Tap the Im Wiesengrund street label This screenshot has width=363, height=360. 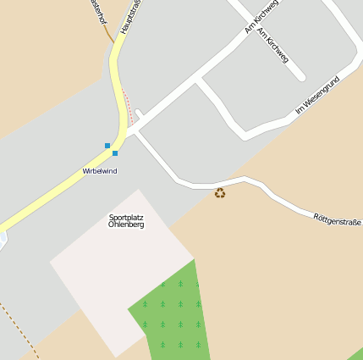[317, 95]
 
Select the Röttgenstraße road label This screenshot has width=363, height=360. [337, 218]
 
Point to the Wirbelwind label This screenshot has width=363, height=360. [100, 171]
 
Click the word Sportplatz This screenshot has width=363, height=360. [126, 217]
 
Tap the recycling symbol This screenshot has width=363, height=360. [220, 193]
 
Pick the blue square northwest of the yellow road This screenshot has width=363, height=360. [107, 146]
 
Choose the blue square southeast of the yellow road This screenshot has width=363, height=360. [115, 153]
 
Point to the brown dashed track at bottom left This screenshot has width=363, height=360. [21, 330]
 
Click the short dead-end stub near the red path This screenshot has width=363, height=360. [140, 114]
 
